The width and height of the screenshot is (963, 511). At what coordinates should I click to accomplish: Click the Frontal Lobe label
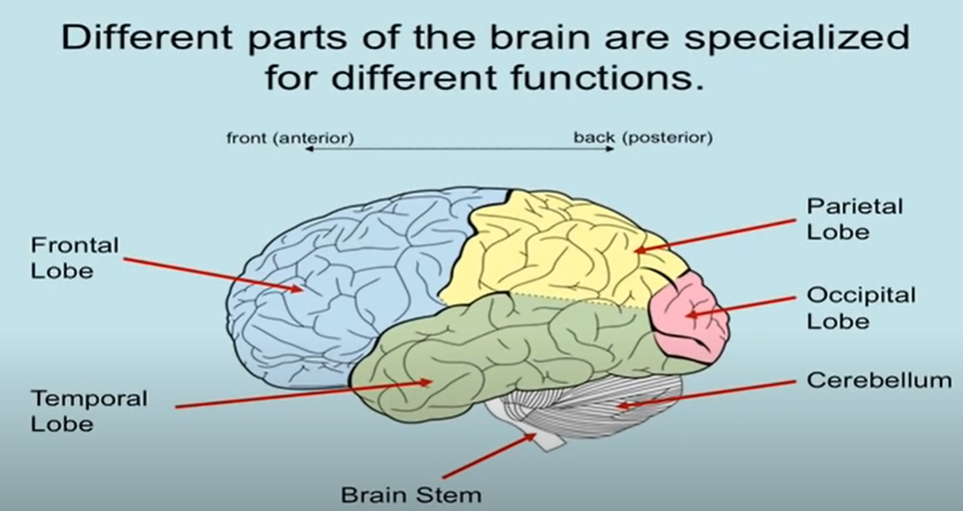(74, 258)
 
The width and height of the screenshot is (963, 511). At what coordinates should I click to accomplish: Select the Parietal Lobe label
(842, 218)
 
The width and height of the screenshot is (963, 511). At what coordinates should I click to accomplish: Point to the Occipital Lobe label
(861, 307)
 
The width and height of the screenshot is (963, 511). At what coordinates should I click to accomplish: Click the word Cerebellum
(878, 381)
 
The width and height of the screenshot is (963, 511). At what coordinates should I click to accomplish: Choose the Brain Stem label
(411, 494)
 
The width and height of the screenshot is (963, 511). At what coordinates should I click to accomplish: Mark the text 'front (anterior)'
(289, 137)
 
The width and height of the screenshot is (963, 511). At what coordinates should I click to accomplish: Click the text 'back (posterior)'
(643, 137)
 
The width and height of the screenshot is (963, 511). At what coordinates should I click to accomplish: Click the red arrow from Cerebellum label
(710, 394)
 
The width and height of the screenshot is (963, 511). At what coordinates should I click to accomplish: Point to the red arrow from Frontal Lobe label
(211, 274)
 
